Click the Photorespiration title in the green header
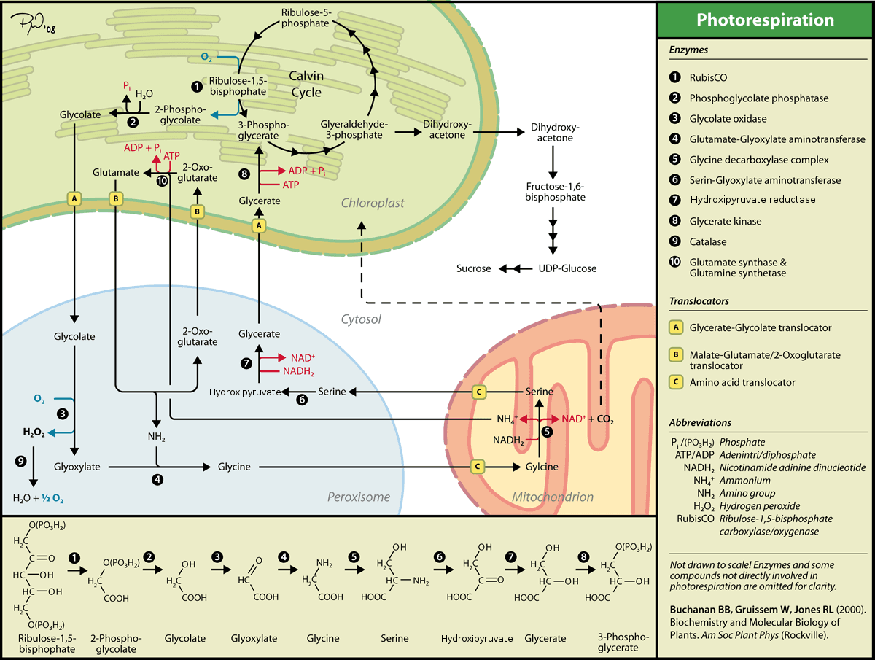pyautogui.click(x=765, y=20)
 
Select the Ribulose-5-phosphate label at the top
pyautogui.click(x=304, y=18)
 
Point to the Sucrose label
pyautogui.click(x=474, y=268)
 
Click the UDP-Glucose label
pyautogui.click(x=567, y=268)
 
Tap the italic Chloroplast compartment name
pyautogui.click(x=373, y=203)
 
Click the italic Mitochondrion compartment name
pyautogui.click(x=552, y=497)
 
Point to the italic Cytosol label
pyautogui.click(x=361, y=319)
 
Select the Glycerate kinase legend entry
pyautogui.click(x=725, y=221)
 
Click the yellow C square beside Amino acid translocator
pyautogui.click(x=677, y=382)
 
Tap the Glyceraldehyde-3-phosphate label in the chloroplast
pyautogui.click(x=355, y=130)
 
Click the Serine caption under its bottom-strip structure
pyautogui.click(x=394, y=638)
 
